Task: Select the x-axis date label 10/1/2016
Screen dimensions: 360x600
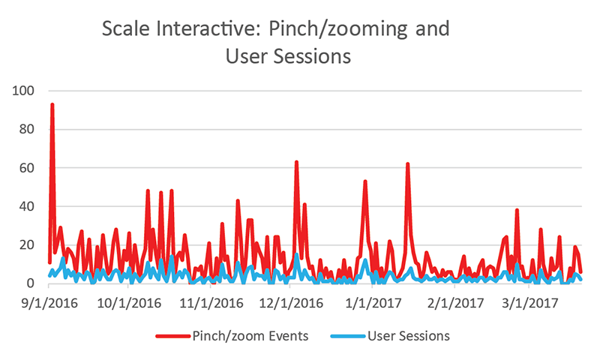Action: point(130,304)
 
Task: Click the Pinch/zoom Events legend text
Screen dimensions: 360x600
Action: point(250,336)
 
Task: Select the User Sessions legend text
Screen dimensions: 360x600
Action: point(409,336)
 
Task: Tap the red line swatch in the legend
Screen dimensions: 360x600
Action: point(173,336)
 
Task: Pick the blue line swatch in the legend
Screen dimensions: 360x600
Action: point(349,336)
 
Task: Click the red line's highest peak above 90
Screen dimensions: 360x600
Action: point(52,105)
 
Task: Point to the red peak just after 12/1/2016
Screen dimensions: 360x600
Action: point(296,162)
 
